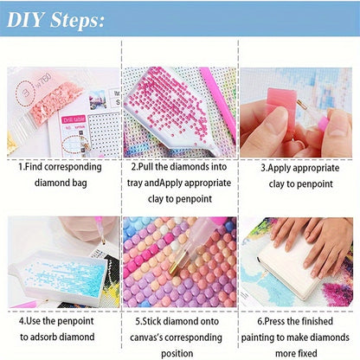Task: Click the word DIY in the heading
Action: tap(25, 20)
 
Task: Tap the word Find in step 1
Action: tap(34, 167)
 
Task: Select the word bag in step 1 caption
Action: tap(79, 183)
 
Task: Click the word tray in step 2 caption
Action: tap(135, 183)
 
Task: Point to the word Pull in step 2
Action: tap(145, 167)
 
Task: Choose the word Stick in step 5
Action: tap(152, 321)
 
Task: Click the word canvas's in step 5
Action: tap(146, 337)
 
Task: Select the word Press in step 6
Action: tap(275, 321)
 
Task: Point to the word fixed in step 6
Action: tap(307, 353)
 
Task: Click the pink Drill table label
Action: tap(74, 119)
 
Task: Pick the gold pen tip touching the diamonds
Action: tap(175, 267)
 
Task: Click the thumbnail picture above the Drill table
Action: tap(98, 100)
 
